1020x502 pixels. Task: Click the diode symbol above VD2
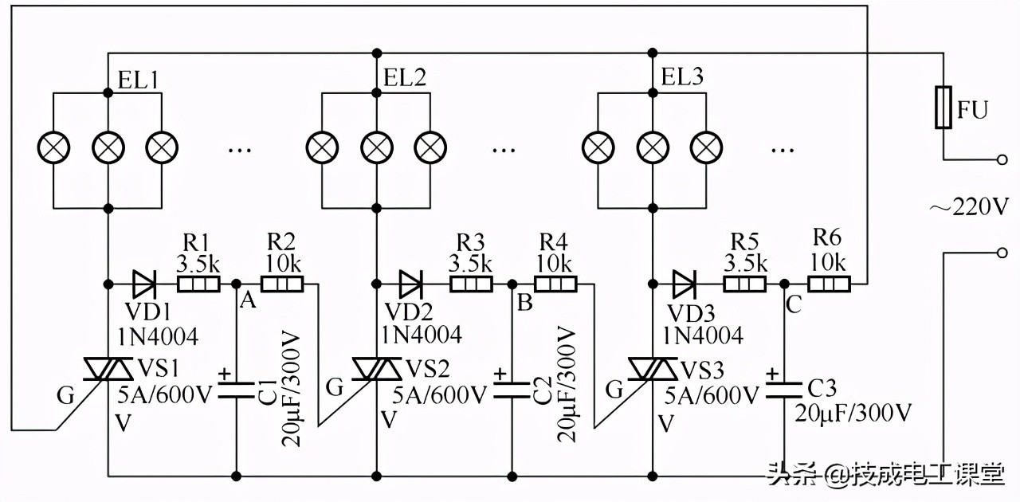pos(412,284)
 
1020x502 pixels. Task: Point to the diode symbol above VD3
pos(685,284)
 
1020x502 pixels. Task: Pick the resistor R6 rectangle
pos(830,284)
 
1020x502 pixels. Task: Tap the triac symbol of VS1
pos(108,369)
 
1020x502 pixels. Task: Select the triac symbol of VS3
pos(653,369)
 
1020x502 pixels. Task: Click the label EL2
pos(404,77)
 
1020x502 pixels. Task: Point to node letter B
pos(524,302)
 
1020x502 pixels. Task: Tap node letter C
pos(793,302)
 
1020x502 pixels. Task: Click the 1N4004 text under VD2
pos(420,335)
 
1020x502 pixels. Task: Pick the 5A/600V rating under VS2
pos(439,394)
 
